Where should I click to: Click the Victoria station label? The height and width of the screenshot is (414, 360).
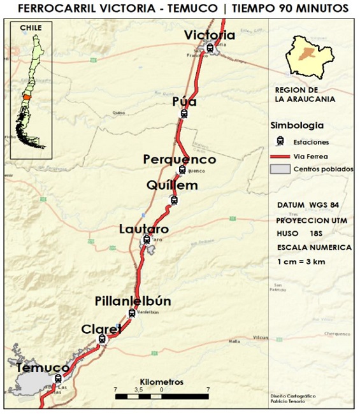coord(210,36)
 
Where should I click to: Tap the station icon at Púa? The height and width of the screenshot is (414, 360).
coord(184,114)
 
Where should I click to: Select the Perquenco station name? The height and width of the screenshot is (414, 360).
coord(180,159)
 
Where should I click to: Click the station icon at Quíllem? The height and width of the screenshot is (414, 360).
coord(175,200)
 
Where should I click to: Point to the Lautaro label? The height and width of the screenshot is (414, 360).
coord(144,228)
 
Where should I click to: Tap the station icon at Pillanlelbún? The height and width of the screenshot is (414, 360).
coord(132,313)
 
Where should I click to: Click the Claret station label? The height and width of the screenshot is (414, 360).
coord(101,329)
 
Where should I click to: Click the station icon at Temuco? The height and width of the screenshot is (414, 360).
coord(59,378)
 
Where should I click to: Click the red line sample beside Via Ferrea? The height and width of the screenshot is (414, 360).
coord(280,155)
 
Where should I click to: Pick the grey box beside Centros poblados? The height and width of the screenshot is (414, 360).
coord(280,169)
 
